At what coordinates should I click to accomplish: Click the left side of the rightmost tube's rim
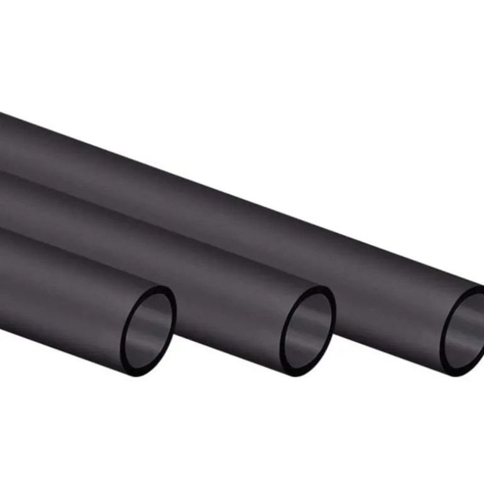[x=443, y=336]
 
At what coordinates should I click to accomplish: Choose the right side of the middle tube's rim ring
[x=333, y=321]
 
